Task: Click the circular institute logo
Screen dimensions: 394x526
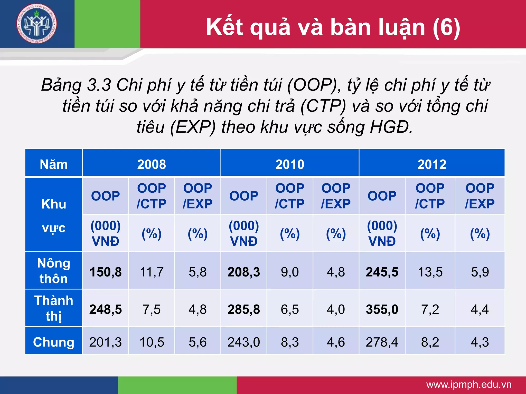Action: pyautogui.click(x=36, y=24)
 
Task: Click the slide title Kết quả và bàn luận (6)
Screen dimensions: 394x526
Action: pyautogui.click(x=333, y=27)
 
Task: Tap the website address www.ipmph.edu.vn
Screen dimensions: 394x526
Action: pyautogui.click(x=469, y=385)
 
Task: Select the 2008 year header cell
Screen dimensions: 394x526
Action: pyautogui.click(x=152, y=164)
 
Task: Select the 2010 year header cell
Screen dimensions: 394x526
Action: pyautogui.click(x=290, y=164)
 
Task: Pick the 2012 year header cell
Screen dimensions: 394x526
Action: pyautogui.click(x=432, y=164)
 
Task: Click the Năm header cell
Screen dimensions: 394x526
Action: pyautogui.click(x=54, y=164)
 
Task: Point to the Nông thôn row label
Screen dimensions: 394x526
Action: pyautogui.click(x=54, y=271)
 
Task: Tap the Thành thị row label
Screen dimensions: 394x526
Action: pyautogui.click(x=54, y=308)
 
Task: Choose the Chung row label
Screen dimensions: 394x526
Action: pyautogui.click(x=54, y=342)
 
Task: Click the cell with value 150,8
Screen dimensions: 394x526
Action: pyautogui.click(x=106, y=272)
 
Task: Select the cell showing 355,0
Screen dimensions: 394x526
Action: pyautogui.click(x=382, y=309)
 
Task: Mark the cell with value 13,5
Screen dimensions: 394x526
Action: pyautogui.click(x=430, y=272)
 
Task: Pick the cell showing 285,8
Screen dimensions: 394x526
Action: pyautogui.click(x=244, y=309)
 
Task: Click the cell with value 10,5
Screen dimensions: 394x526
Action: pyautogui.click(x=152, y=342)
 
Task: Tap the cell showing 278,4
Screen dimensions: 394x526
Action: pyautogui.click(x=382, y=342)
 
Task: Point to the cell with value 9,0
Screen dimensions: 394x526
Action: pyautogui.click(x=290, y=272)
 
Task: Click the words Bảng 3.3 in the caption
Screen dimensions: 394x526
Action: pyautogui.click(x=76, y=85)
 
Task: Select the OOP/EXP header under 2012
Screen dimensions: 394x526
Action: pyautogui.click(x=480, y=196)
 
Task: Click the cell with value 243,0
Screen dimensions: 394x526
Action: pyautogui.click(x=244, y=342)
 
